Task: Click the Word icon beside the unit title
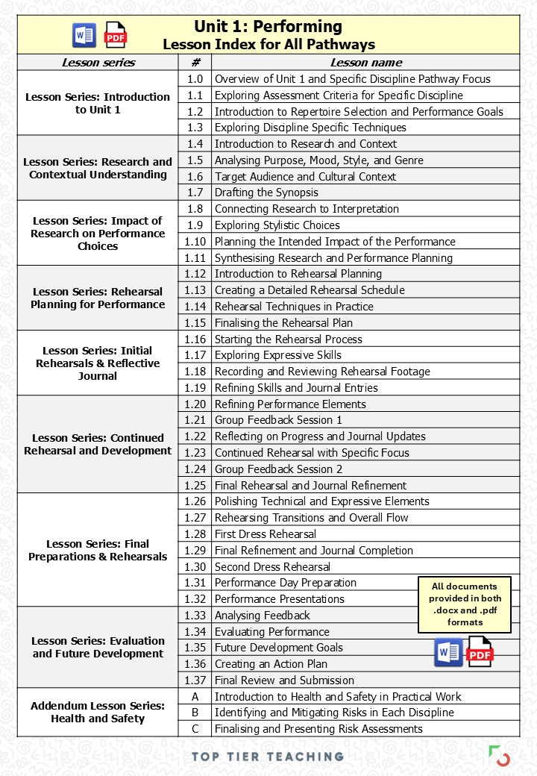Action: [x=84, y=35]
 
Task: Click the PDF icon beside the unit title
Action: [x=115, y=35]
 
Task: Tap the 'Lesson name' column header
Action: [x=365, y=63]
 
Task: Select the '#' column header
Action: [x=195, y=63]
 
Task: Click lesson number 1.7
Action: [x=195, y=193]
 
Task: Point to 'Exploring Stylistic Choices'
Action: [x=277, y=225]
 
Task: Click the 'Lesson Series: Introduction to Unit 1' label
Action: [x=98, y=103]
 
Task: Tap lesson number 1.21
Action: [x=195, y=420]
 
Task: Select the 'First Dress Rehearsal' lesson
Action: [x=266, y=534]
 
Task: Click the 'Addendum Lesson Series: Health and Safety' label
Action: [x=98, y=712]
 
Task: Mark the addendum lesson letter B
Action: [x=195, y=713]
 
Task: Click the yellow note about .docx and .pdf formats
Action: [x=465, y=604]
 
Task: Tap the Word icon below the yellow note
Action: [x=448, y=652]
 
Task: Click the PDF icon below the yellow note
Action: [x=480, y=652]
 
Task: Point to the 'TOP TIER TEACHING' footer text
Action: [x=268, y=756]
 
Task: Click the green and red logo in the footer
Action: [x=499, y=755]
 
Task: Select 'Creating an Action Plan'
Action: [x=271, y=664]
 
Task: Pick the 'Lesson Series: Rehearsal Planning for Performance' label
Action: [x=98, y=298]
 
